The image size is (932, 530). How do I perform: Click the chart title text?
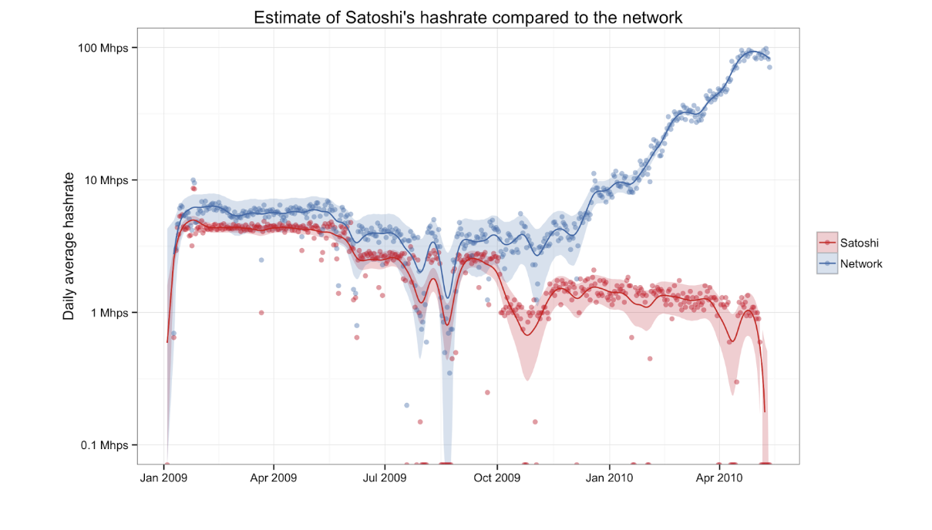pyautogui.click(x=468, y=17)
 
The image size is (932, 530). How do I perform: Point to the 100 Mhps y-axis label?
pyautogui.click(x=103, y=48)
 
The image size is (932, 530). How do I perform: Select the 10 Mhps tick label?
pyautogui.click(x=106, y=180)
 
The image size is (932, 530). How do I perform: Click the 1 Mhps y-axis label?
pyautogui.click(x=109, y=313)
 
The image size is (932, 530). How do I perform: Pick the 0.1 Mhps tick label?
pyautogui.click(x=105, y=445)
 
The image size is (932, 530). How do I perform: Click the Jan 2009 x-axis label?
pyautogui.click(x=164, y=478)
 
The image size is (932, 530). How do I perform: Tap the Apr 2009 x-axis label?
pyautogui.click(x=274, y=478)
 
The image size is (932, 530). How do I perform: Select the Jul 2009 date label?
pyautogui.click(x=384, y=478)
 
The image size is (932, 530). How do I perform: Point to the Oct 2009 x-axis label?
pyautogui.click(x=497, y=478)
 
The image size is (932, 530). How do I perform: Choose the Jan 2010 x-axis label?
pyautogui.click(x=609, y=478)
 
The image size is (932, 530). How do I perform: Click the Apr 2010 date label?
pyautogui.click(x=719, y=478)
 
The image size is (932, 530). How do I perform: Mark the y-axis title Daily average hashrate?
pyautogui.click(x=69, y=247)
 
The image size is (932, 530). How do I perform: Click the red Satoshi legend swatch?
pyautogui.click(x=826, y=243)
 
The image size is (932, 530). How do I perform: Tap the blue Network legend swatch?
pyautogui.click(x=826, y=263)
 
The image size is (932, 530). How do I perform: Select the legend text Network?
pyautogui.click(x=861, y=263)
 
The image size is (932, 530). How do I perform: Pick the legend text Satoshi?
pyautogui.click(x=860, y=243)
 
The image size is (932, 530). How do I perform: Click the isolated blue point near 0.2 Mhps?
pyautogui.click(x=406, y=405)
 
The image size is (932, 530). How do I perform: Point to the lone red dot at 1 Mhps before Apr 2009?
pyautogui.click(x=261, y=313)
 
